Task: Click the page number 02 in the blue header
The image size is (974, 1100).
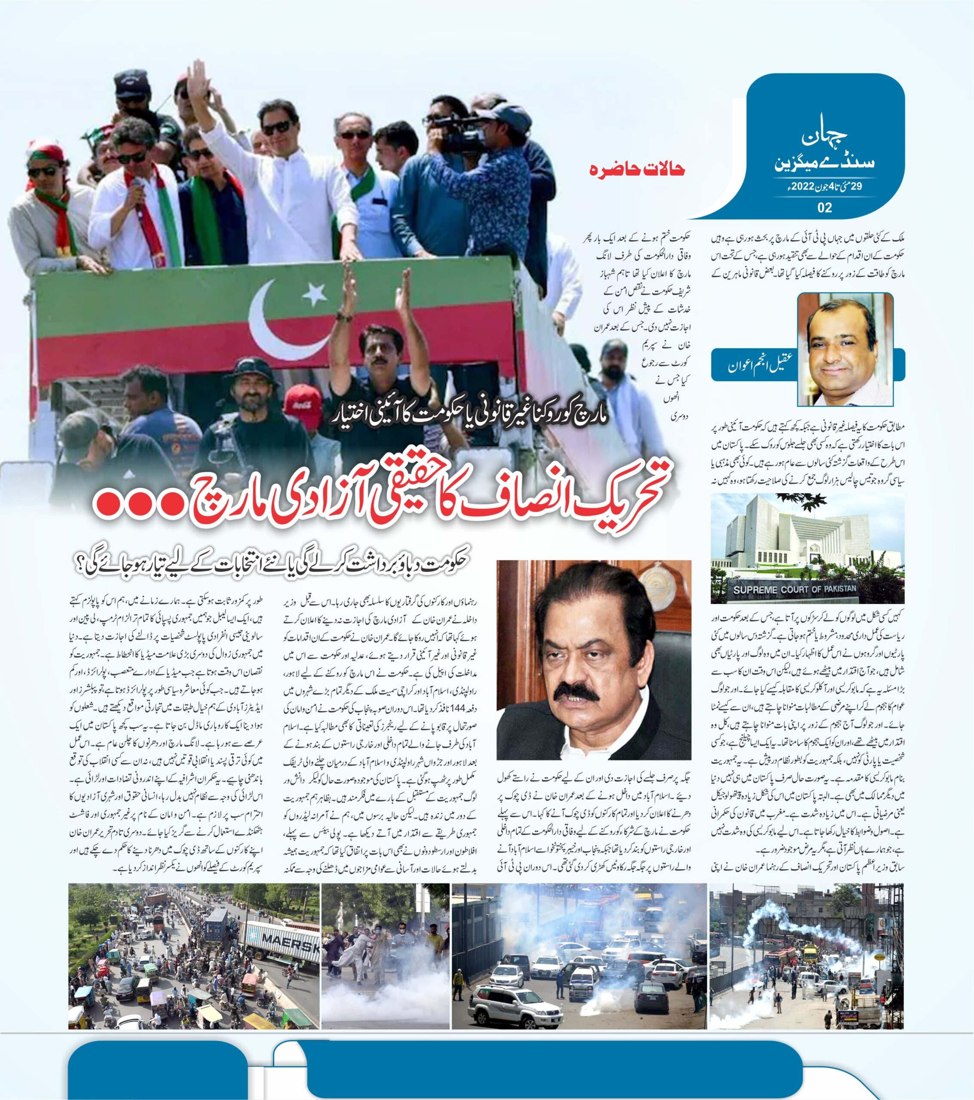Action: [824, 207]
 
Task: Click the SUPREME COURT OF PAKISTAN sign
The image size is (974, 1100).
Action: [794, 589]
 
